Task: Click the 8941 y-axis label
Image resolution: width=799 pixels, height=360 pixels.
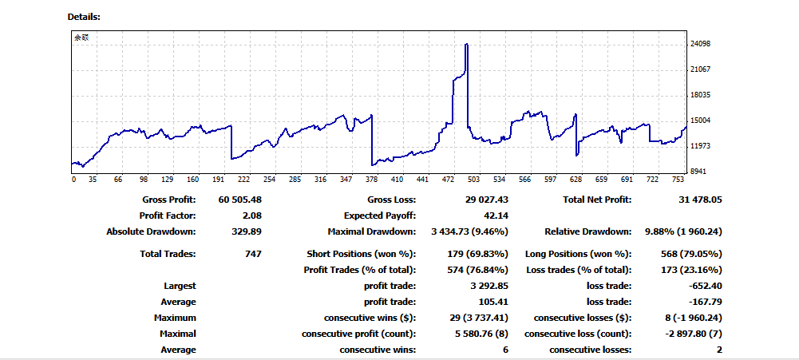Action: (700, 172)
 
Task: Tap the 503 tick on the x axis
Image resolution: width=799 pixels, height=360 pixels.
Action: (474, 180)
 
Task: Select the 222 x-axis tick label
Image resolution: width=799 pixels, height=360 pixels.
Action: (244, 180)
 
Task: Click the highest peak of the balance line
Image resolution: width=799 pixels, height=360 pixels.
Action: (466, 45)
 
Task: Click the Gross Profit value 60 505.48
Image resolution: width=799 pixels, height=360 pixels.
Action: (239, 200)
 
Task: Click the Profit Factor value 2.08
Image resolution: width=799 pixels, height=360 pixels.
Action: (251, 216)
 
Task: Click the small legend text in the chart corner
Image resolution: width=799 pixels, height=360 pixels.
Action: (82, 38)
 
